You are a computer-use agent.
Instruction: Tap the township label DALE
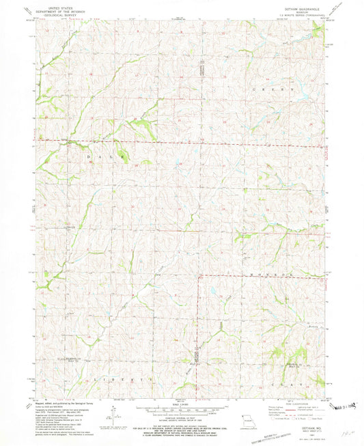pyautogui.click(x=106, y=156)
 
